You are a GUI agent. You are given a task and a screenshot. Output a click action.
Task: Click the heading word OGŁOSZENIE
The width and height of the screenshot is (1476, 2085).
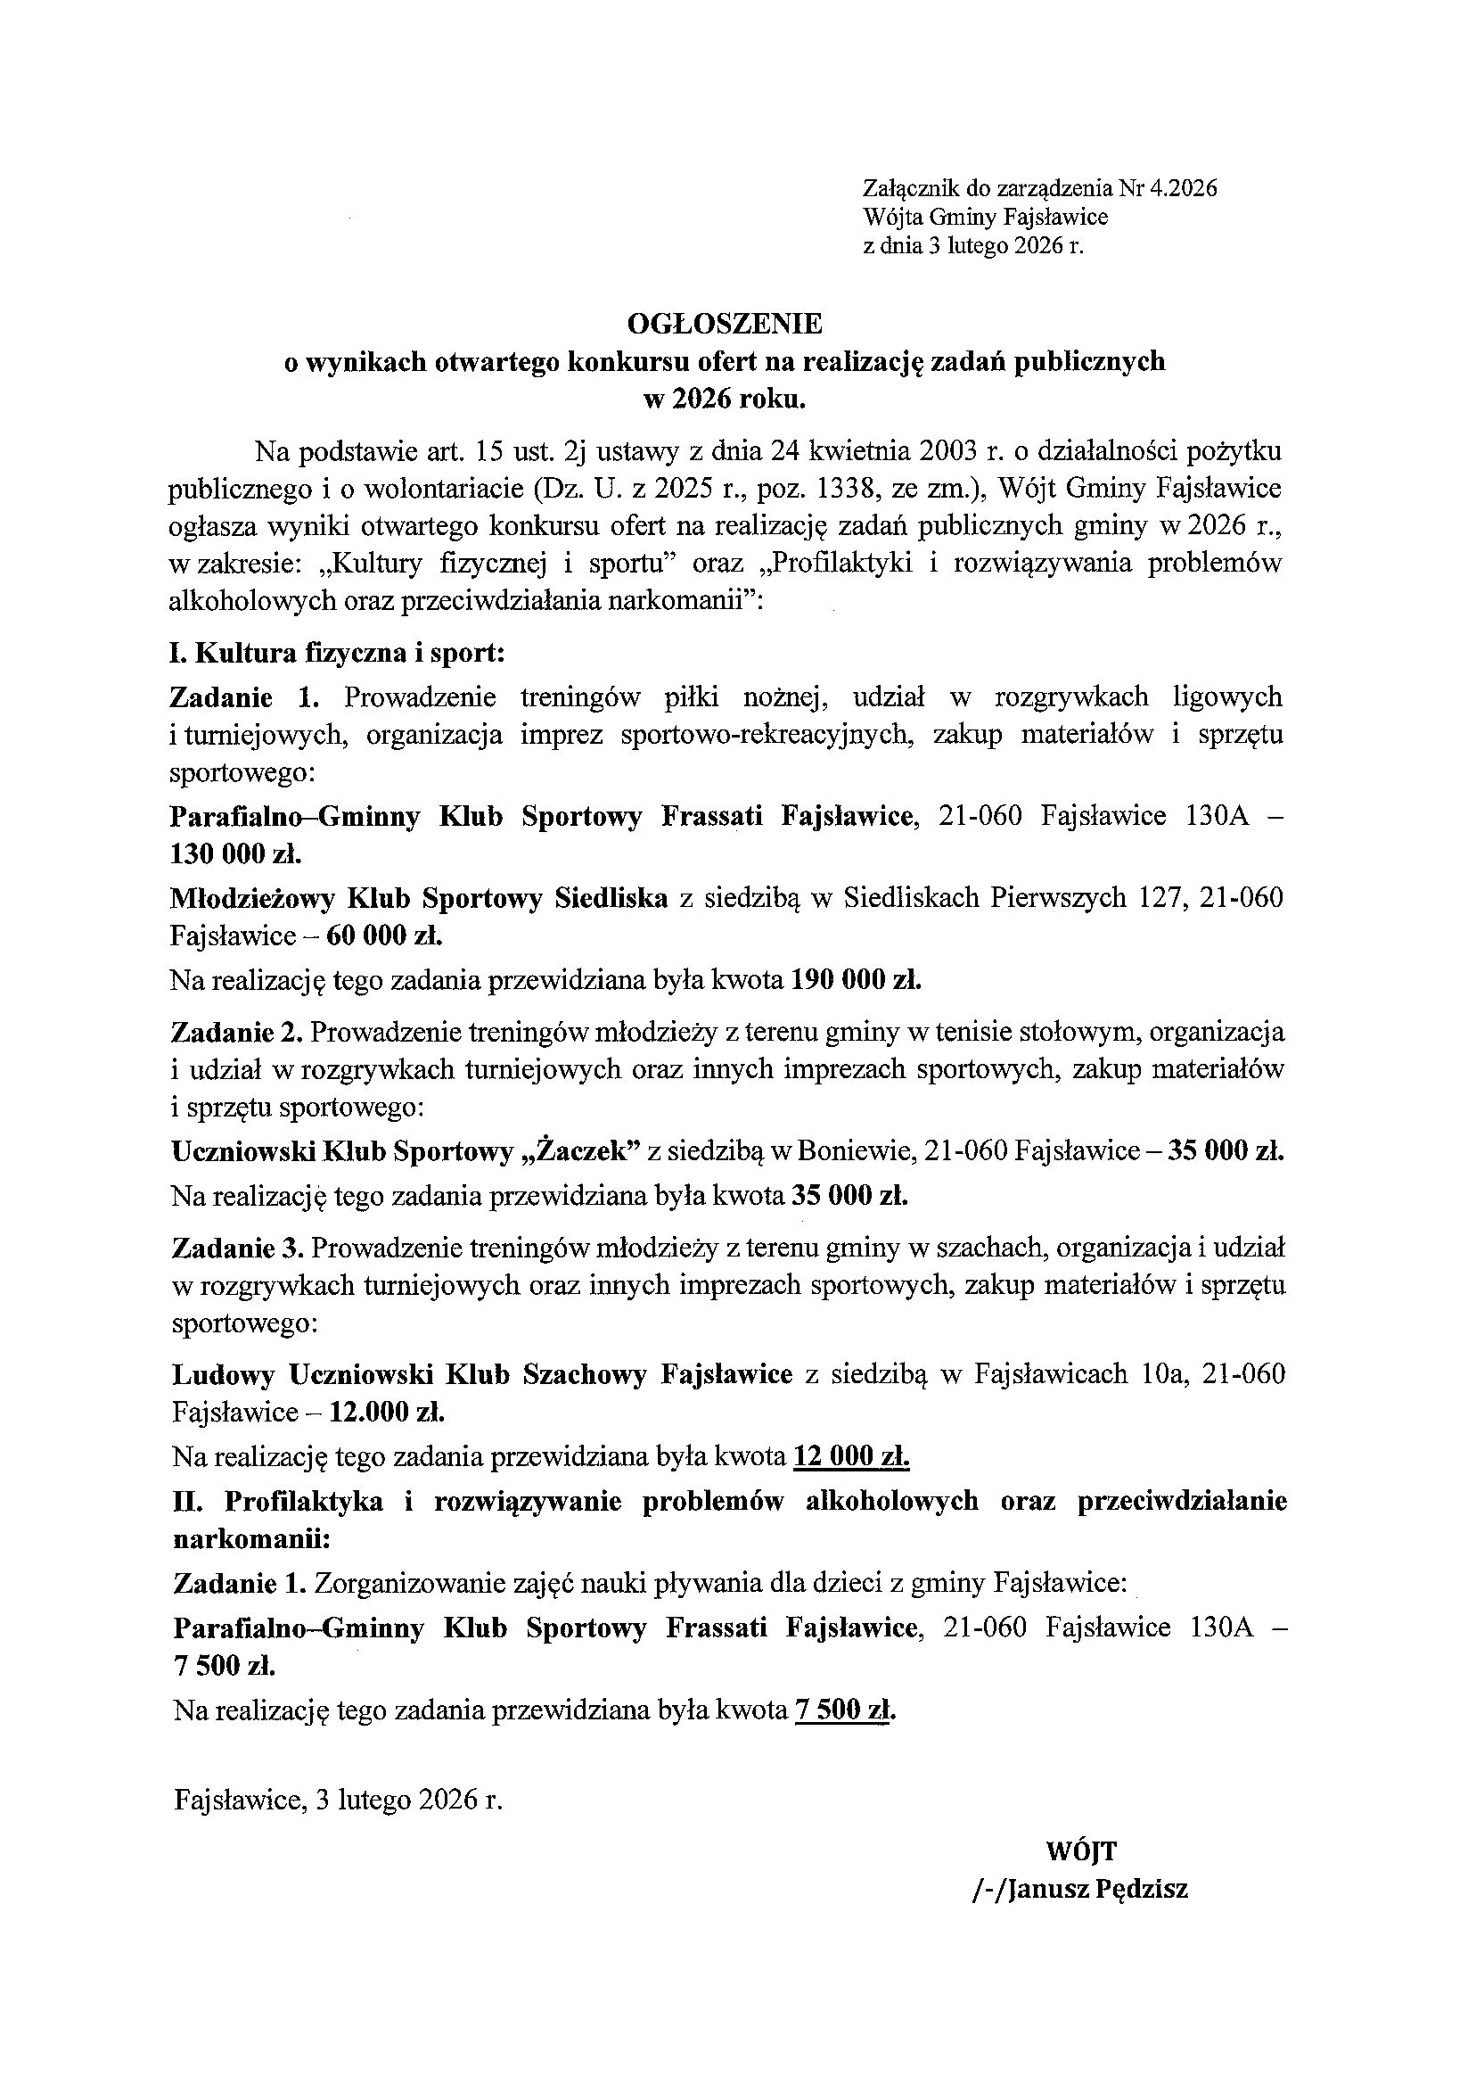[x=725, y=324]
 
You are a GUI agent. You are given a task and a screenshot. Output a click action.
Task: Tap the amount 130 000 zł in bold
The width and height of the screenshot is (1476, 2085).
[x=235, y=853]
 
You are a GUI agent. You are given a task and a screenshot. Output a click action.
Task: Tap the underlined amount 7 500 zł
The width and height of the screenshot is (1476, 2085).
[x=843, y=1710]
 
